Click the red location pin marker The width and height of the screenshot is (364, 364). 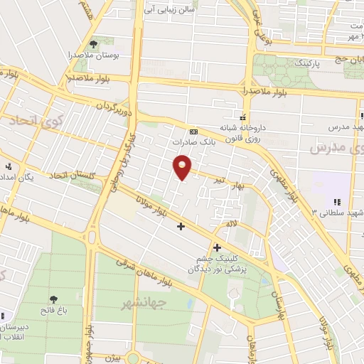point(183,167)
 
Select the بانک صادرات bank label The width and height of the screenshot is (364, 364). point(193,141)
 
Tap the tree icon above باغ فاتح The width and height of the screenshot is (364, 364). point(53,299)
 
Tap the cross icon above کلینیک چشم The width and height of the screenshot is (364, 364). point(217,247)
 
